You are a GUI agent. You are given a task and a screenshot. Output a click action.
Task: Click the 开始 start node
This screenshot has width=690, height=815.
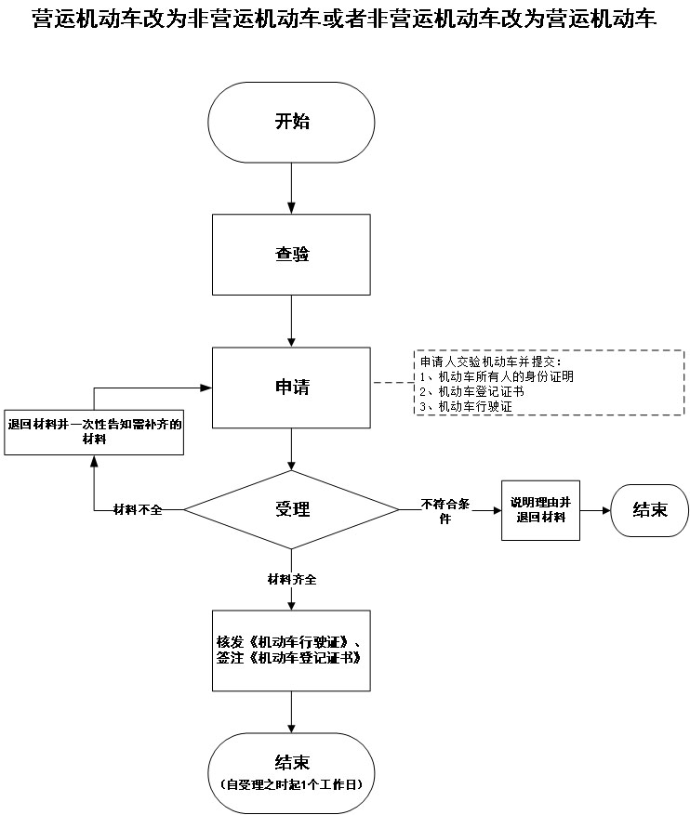[x=292, y=122]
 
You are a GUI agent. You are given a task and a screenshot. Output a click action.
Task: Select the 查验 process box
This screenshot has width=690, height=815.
[x=292, y=255]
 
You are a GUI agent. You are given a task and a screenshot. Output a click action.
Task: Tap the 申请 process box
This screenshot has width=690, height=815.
[x=292, y=386]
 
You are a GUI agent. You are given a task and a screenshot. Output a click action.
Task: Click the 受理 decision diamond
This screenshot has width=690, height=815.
[x=292, y=509]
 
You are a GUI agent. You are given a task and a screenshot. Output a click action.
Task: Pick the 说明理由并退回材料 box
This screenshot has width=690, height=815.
[x=539, y=509]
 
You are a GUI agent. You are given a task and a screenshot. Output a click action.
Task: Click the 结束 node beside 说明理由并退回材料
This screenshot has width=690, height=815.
[x=649, y=509]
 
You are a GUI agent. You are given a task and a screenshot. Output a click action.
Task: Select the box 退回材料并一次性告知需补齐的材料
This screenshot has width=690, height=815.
[x=94, y=431]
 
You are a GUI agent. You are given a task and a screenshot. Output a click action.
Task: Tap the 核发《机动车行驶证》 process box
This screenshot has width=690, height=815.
[x=292, y=650]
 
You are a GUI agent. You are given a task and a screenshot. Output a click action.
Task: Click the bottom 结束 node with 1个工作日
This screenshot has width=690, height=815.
[x=292, y=770]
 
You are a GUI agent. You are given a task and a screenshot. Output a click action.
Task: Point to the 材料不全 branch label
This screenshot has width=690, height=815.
[x=138, y=510]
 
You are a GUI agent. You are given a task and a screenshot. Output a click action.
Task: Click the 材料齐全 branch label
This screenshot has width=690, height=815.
[x=292, y=579]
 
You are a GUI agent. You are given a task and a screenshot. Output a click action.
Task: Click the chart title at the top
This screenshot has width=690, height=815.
[x=344, y=20]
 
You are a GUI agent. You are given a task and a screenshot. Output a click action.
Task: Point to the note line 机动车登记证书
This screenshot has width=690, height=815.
[x=472, y=392]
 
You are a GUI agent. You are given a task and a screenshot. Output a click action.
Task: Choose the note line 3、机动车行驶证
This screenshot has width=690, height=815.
[x=466, y=407]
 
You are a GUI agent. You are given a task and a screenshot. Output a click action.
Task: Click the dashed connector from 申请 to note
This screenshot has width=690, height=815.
[x=391, y=382]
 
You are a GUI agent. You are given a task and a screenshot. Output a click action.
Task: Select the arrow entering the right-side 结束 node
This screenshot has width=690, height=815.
[x=595, y=510]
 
